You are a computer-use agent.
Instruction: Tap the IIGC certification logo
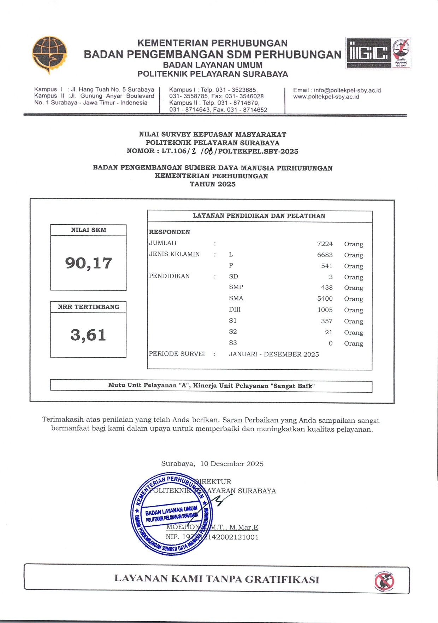pyautogui.click(x=368, y=53)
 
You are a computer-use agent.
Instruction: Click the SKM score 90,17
pyautogui.click(x=88, y=263)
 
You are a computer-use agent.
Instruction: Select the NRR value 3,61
pyautogui.click(x=88, y=335)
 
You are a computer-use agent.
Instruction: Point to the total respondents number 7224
pyautogui.click(x=325, y=244)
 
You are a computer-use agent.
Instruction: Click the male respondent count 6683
pyautogui.click(x=325, y=255)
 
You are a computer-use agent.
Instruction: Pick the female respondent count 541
pyautogui.click(x=327, y=266)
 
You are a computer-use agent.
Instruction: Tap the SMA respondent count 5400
pyautogui.click(x=325, y=299)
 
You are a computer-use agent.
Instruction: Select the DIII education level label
pyautogui.click(x=235, y=310)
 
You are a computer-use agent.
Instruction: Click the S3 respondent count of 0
pyautogui.click(x=331, y=343)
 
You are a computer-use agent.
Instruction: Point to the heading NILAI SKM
pyautogui.click(x=88, y=230)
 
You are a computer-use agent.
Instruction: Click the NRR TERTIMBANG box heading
pyautogui.click(x=88, y=307)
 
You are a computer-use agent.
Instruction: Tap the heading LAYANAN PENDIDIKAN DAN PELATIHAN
pyautogui.click(x=259, y=216)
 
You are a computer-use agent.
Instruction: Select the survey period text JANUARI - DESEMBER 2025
pyautogui.click(x=274, y=354)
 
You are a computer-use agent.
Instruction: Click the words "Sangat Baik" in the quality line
pyautogui.click(x=292, y=386)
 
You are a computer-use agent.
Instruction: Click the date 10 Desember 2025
pyautogui.click(x=232, y=464)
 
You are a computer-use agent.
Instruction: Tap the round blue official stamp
pyautogui.click(x=172, y=514)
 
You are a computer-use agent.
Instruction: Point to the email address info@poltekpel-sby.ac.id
pyautogui.click(x=347, y=90)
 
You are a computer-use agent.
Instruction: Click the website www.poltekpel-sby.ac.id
pyautogui.click(x=326, y=97)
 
